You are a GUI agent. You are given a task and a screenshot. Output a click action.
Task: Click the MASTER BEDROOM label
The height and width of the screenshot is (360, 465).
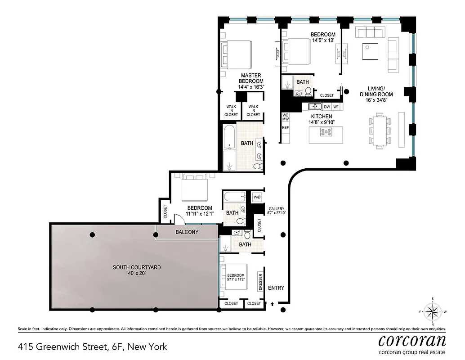251,78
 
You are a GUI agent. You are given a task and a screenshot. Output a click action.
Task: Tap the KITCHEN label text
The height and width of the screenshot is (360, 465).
321,117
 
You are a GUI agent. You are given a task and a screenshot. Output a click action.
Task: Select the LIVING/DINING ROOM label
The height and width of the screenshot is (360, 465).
376,91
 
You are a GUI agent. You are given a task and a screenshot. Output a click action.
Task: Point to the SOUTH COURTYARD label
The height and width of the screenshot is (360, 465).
136,267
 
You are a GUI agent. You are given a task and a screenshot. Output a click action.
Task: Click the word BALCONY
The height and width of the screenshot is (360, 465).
187,232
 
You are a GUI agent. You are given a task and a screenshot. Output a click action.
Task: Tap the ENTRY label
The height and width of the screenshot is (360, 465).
275,288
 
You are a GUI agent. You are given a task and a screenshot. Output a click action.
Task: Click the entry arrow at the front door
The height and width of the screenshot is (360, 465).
272,305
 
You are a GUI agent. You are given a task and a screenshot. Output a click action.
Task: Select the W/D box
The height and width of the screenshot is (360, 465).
257,197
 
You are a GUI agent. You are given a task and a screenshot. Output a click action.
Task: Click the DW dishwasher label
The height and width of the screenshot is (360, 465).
326,107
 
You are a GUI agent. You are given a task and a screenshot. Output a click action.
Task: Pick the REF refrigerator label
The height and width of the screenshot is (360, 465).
285,127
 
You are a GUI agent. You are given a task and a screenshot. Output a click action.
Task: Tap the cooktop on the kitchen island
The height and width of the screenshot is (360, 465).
326,132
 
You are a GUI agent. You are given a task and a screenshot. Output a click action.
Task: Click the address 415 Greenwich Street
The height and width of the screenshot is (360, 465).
92,346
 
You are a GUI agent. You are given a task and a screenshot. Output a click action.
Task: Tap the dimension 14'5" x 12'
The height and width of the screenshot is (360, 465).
323,40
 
